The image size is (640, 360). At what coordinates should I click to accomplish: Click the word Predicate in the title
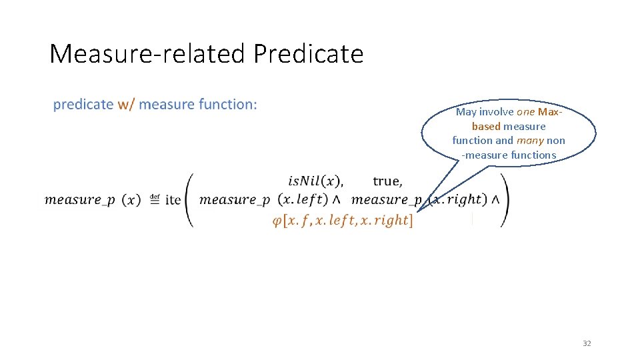coord(308,53)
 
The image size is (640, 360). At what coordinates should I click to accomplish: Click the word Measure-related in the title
coord(149,53)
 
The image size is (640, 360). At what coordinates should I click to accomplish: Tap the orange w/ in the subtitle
coord(126,104)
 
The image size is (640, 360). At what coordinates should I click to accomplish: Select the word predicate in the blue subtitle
coord(83,104)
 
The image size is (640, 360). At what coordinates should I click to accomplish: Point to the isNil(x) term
coord(315,181)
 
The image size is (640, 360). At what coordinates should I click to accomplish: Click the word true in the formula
coord(387,181)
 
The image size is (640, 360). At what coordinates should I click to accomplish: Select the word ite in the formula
coord(173,199)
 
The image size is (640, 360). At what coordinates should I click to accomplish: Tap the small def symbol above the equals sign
coord(155,196)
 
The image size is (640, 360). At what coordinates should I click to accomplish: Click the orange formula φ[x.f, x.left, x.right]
coord(343,221)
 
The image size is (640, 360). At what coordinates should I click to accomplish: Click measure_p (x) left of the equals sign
coord(93,199)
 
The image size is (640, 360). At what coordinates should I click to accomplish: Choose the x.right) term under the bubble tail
coord(457,199)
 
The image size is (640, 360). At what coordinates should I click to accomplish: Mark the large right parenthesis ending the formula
coord(504,200)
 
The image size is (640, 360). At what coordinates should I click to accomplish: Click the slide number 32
coord(587,343)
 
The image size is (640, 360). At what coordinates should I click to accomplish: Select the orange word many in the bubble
coord(530,141)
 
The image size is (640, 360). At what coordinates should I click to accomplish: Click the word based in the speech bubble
coord(486,127)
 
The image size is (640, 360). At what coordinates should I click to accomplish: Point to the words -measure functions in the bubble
coord(509,155)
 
